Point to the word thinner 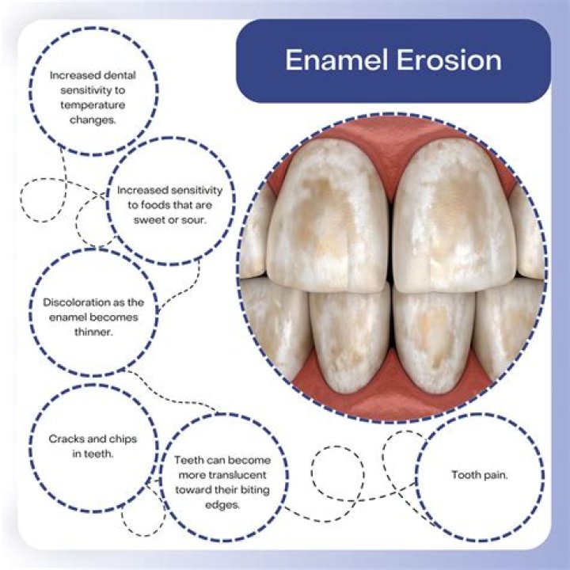pos(93,332)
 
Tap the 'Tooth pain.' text pos(479,475)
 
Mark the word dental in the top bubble pos(119,76)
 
